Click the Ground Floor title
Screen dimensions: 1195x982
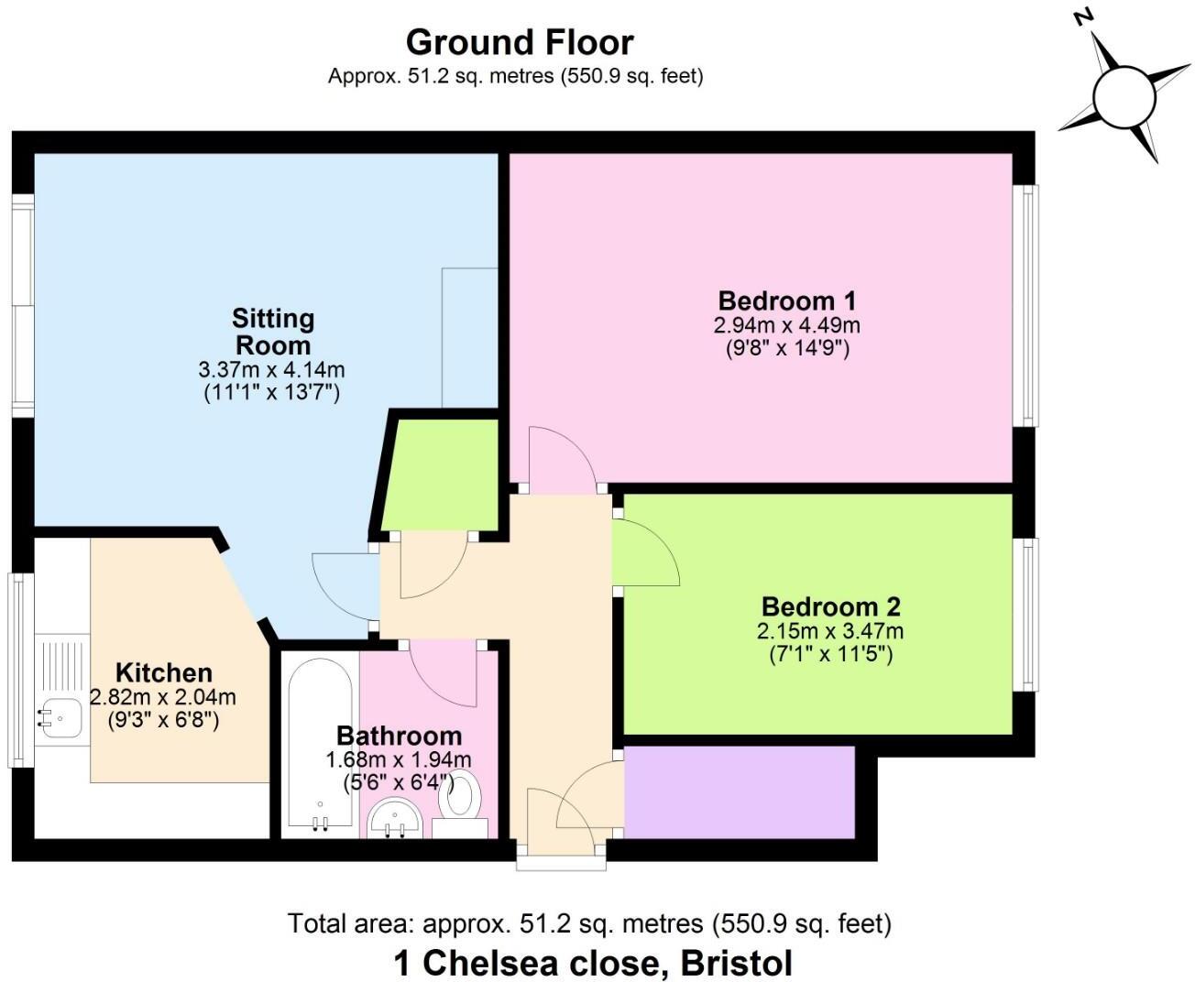(519, 43)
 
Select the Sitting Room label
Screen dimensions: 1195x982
(272, 332)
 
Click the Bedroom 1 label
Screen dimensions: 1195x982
(787, 300)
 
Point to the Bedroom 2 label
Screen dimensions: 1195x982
(830, 606)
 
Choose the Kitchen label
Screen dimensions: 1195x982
(164, 672)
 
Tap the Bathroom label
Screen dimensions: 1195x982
(399, 736)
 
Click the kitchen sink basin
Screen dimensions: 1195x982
(60, 718)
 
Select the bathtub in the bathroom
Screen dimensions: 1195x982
(320, 744)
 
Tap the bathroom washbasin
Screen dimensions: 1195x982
(395, 817)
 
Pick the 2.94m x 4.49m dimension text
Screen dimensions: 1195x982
(787, 325)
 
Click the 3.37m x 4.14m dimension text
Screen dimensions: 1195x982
(271, 370)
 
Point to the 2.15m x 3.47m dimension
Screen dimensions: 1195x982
(830, 631)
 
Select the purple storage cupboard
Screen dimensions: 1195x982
(739, 792)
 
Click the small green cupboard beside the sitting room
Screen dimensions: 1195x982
(442, 475)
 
